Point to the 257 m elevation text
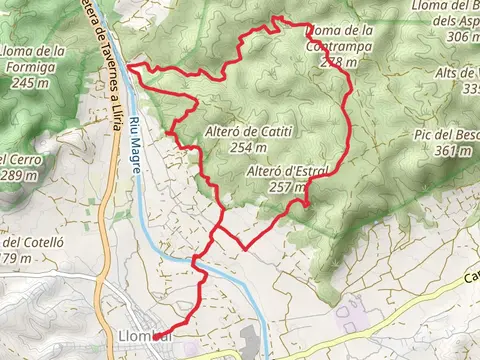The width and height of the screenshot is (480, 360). [x=287, y=186]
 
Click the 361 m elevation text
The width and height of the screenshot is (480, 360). [x=454, y=150]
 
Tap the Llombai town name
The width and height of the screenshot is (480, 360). [x=143, y=336]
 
